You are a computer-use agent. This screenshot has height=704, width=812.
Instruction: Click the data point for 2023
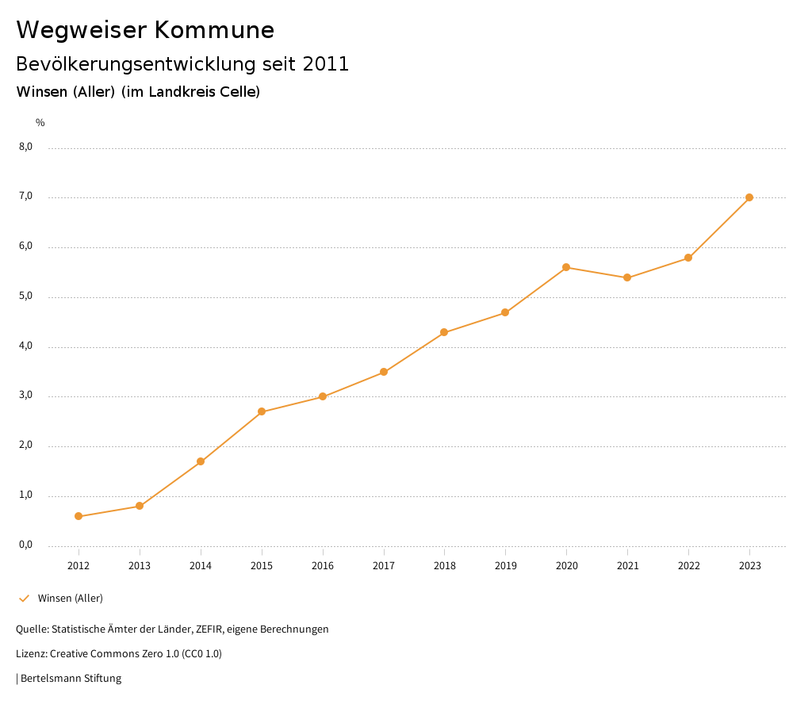click(749, 197)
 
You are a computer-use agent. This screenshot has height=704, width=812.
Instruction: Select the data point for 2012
click(79, 516)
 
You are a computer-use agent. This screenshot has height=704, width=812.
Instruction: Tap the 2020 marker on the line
click(566, 267)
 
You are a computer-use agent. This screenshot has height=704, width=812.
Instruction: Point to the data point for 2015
click(262, 411)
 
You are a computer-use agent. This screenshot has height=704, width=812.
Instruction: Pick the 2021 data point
click(627, 277)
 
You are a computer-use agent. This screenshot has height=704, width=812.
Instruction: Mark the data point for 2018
click(444, 332)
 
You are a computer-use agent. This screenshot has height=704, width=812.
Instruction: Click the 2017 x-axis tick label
click(384, 566)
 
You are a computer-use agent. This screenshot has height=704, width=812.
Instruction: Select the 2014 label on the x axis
click(201, 566)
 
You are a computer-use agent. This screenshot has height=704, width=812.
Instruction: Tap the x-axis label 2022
click(688, 566)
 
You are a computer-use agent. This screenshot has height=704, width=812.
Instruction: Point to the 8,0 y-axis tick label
click(25, 147)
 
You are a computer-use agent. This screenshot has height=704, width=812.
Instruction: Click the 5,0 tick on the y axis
click(25, 297)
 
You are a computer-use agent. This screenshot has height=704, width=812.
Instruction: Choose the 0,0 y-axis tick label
click(25, 545)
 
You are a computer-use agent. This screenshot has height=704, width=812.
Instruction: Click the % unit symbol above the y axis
click(40, 123)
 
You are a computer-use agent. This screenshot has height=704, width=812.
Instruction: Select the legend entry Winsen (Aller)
click(70, 599)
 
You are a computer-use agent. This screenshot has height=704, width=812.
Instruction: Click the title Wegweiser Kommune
click(145, 30)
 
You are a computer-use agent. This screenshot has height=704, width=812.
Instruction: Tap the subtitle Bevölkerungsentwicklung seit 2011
click(182, 64)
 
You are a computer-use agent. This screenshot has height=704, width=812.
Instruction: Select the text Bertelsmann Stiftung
click(71, 679)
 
